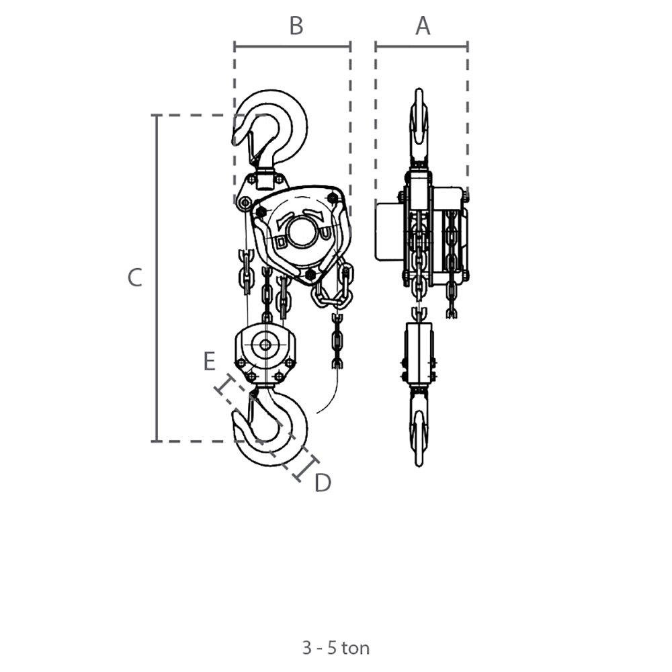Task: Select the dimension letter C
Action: point(134,278)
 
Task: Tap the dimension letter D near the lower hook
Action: point(323,482)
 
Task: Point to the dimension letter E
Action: point(209,361)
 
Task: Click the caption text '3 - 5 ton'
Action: point(335,648)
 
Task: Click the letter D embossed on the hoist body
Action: point(281,242)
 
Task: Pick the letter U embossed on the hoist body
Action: point(326,233)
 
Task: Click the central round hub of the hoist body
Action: point(302,232)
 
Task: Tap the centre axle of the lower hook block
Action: point(265,345)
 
